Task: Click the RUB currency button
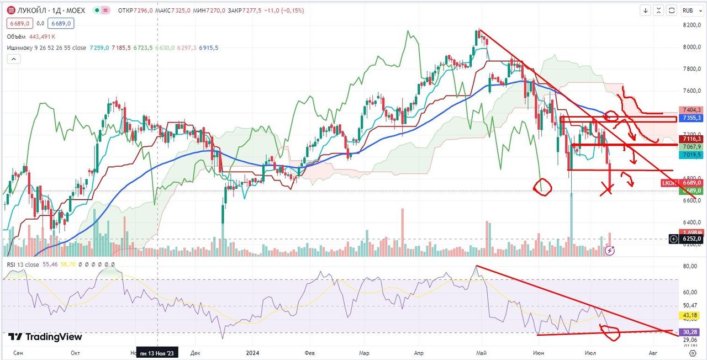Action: pos(688,10)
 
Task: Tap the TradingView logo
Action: pos(45,337)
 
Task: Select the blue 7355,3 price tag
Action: pos(692,118)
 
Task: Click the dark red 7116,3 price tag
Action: pos(692,139)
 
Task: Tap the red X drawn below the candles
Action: pos(606,190)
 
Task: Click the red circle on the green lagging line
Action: pos(542,186)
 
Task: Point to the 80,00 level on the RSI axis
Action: pos(689,266)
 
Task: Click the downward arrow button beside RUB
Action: pos(646,10)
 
